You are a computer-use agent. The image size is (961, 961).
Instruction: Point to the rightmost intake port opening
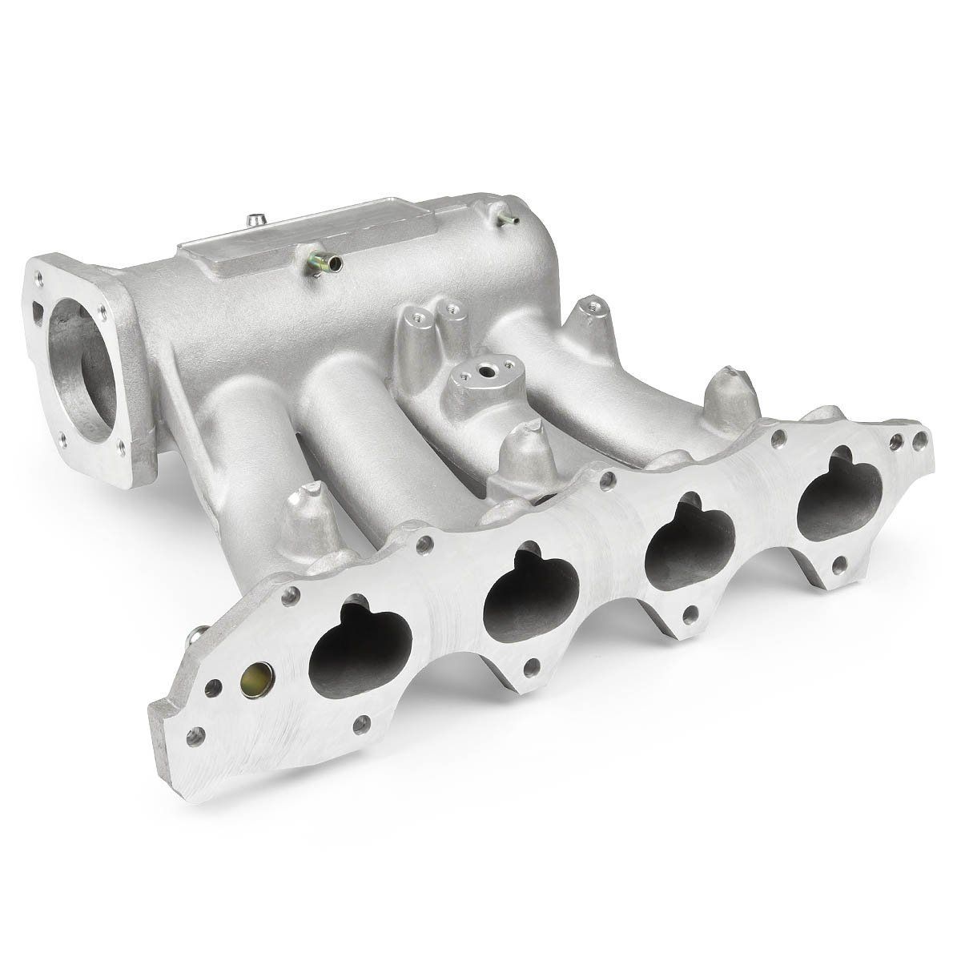click(840, 491)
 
